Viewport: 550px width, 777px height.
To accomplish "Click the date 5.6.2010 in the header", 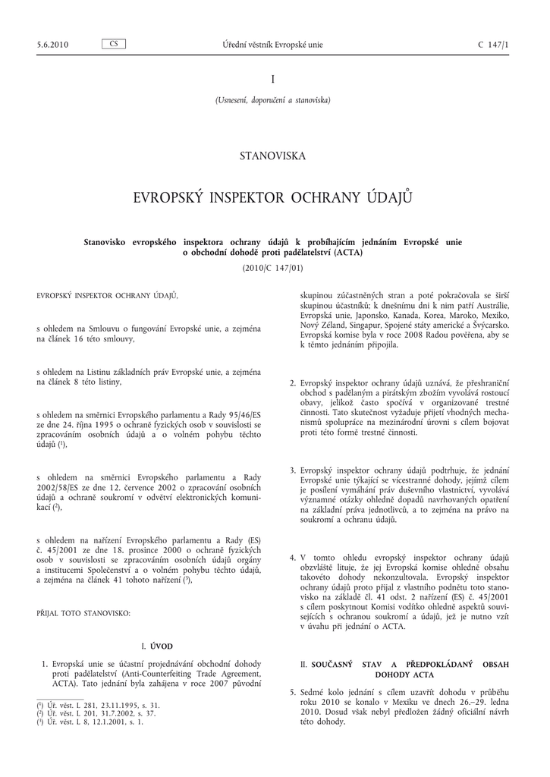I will click(52, 45).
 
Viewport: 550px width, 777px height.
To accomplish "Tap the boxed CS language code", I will click(113, 44).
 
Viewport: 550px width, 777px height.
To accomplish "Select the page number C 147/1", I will click(494, 45).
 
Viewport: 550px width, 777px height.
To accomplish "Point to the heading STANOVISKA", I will click(272, 156).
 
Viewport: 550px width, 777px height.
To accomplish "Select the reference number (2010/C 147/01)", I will click(273, 268).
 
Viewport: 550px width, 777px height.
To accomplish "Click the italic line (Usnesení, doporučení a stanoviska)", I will click(273, 99).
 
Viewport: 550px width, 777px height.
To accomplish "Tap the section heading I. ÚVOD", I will click(158, 646).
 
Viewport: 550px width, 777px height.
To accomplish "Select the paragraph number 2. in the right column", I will click(293, 383).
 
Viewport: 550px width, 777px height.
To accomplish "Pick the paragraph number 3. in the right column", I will click(293, 470).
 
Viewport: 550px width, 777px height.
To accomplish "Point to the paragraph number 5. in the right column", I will click(293, 693).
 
